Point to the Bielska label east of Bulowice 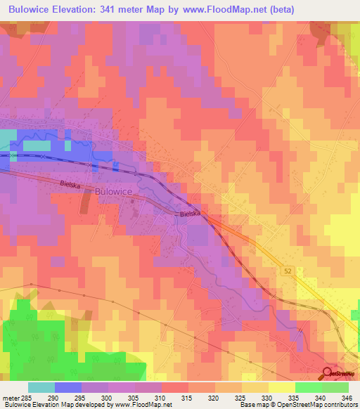tap(190, 213)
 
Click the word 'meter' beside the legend tap(11, 397)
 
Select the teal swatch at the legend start tap(41, 387)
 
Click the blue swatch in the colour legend tap(68, 387)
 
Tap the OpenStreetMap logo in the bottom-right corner tap(340, 375)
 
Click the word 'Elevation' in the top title tap(72, 9)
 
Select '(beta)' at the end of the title tap(278, 9)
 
